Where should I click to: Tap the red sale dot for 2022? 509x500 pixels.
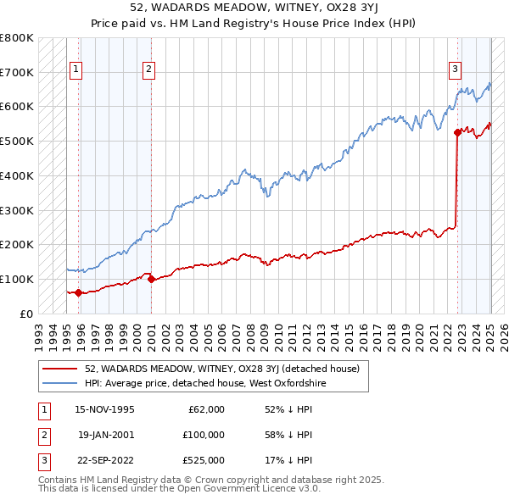pos(457,131)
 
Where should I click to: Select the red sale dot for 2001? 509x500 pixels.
pos(150,279)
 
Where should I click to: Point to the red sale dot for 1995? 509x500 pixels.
pos(78,292)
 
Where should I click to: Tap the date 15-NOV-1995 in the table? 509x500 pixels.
pos(104,409)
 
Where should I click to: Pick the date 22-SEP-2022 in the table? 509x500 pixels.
pos(104,460)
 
